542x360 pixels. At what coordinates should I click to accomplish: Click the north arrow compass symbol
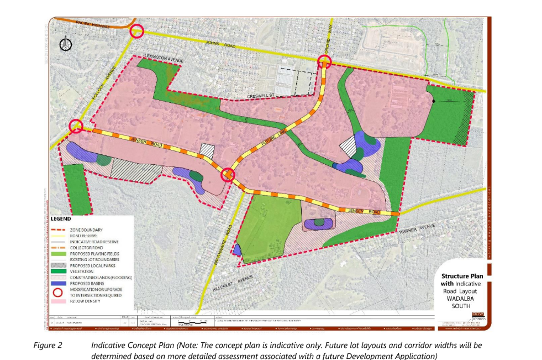66,43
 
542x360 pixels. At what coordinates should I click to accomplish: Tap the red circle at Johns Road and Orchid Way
324,62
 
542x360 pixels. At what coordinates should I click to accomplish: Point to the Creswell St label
261,96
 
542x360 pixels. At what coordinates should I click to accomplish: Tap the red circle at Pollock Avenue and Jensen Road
76,127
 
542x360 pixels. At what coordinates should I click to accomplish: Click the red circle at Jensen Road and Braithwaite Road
228,175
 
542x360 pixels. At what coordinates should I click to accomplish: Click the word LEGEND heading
61,219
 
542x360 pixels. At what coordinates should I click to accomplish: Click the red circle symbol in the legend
59,291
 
